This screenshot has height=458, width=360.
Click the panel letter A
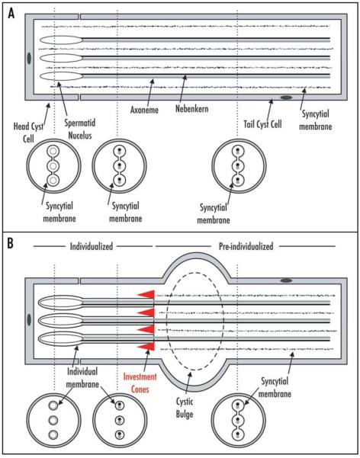click(11, 13)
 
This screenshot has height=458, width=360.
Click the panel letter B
click(10, 243)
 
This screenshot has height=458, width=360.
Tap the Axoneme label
click(144, 110)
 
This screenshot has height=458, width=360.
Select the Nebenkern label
click(192, 109)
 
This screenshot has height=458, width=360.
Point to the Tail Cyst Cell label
click(262, 124)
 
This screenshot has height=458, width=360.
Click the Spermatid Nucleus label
click(80, 129)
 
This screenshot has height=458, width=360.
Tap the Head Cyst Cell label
click(28, 133)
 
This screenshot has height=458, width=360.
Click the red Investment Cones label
click(140, 383)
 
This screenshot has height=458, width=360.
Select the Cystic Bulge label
click(185, 408)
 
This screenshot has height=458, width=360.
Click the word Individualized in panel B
click(92, 246)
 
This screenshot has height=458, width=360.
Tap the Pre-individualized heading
click(246, 246)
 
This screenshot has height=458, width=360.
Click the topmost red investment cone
click(146, 294)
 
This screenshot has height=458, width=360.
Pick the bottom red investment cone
click(146, 346)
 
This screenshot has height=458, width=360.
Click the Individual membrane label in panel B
click(82, 378)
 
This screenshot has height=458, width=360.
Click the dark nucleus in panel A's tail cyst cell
click(286, 98)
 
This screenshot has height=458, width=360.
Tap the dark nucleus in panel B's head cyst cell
click(29, 319)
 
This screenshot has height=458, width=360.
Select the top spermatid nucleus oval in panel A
click(62, 40)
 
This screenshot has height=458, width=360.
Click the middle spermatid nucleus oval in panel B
click(61, 320)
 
